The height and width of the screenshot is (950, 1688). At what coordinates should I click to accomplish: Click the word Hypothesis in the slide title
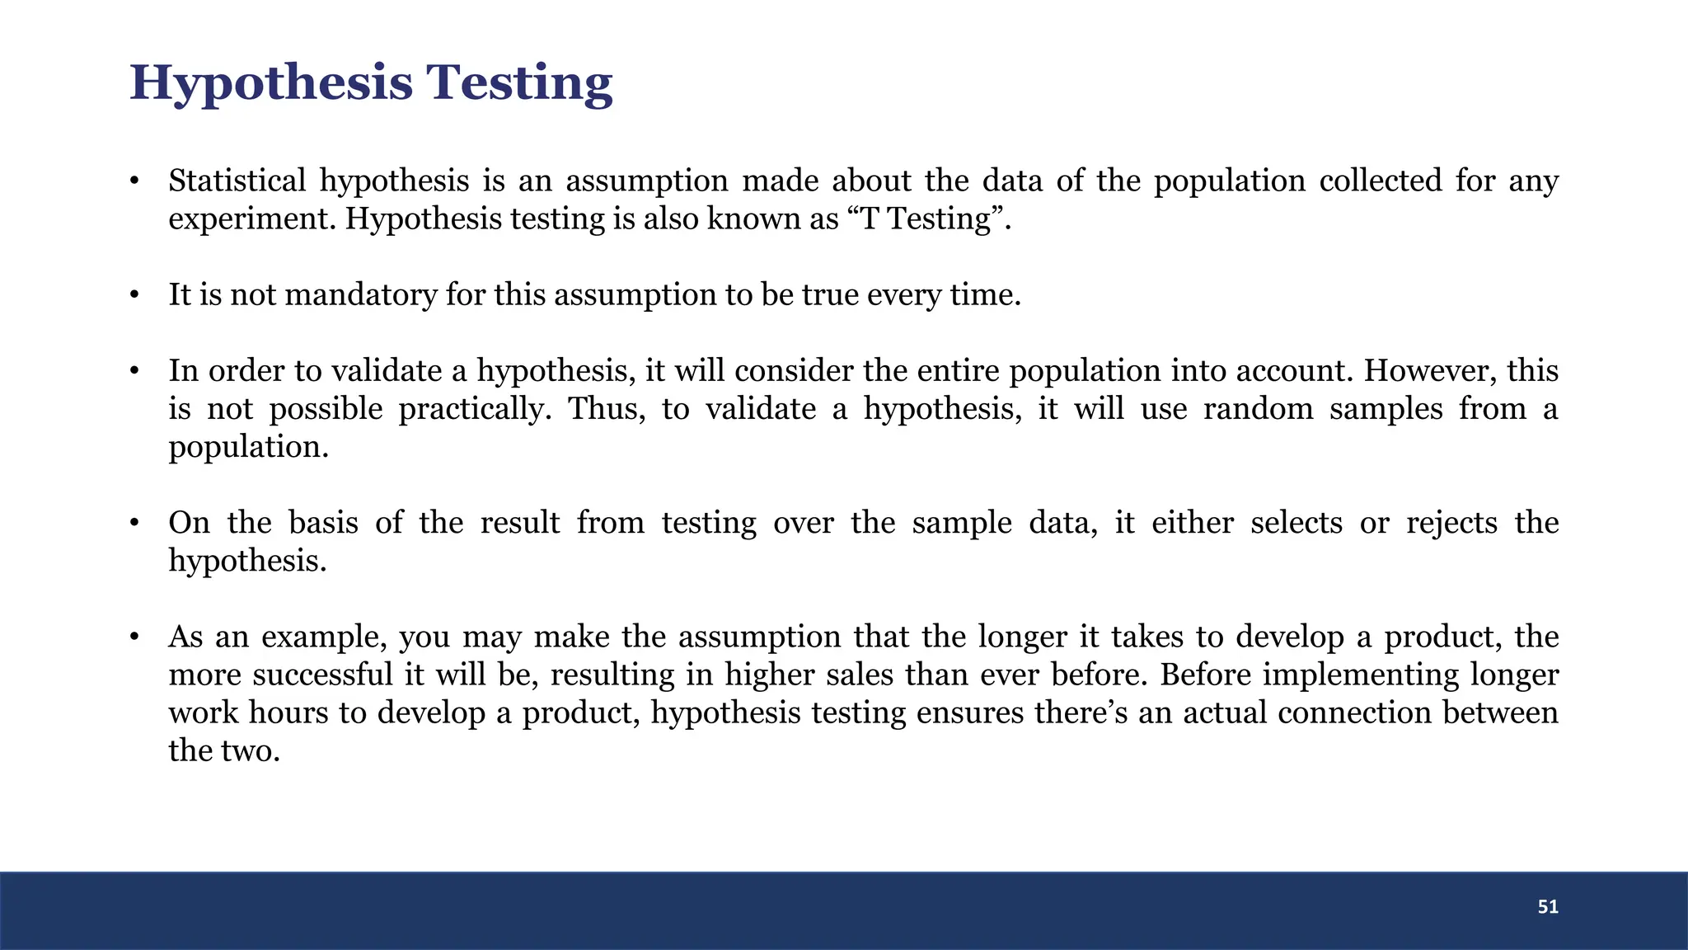[271, 84]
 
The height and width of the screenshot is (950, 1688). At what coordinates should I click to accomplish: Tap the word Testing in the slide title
[519, 84]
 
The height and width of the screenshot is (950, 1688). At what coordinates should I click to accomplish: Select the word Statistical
[237, 181]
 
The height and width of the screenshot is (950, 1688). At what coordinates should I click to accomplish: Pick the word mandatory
[360, 294]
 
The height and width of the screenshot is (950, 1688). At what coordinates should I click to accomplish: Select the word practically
[475, 409]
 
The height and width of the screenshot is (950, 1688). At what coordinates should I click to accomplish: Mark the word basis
[323, 523]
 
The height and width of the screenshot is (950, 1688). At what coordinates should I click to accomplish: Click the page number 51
[1548, 907]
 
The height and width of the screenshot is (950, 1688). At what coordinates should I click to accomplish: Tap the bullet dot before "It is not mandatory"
[134, 295]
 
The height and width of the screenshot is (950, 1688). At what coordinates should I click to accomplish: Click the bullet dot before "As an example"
[134, 637]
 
